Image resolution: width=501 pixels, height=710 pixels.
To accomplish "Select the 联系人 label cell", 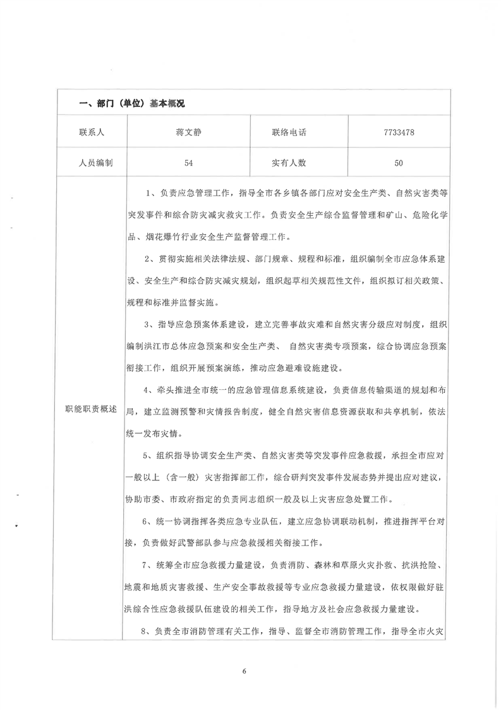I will coord(91,133).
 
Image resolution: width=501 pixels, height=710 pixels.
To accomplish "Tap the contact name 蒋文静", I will coord(188,133).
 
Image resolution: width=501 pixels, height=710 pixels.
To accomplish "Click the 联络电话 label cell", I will coord(289,133).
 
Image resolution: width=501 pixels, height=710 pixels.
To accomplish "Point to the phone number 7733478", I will coord(398,133).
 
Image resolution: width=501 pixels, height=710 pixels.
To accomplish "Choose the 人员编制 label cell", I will coord(91,163).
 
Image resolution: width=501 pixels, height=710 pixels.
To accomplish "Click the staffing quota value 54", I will coord(188,163).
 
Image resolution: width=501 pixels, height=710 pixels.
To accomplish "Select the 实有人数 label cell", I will coord(289,163).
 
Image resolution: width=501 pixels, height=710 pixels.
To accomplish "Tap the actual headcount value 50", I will coord(398,163).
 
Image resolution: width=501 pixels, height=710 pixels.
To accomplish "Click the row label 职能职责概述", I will coord(91,409).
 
